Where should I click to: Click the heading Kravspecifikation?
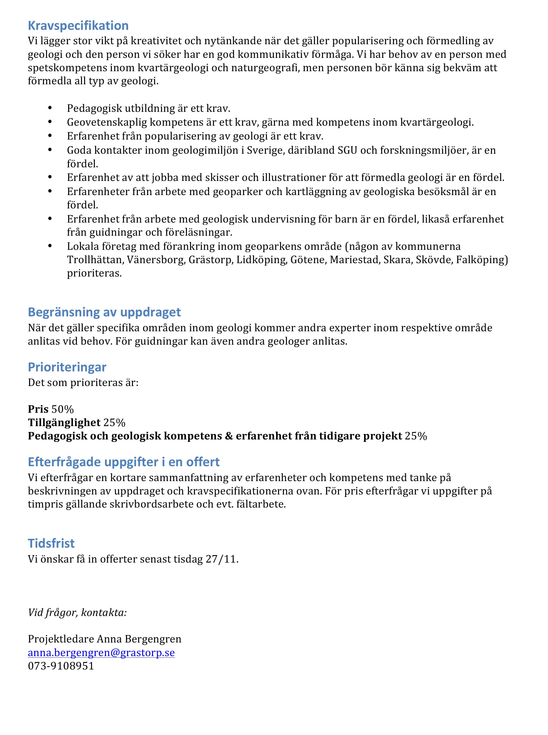pos(78,25)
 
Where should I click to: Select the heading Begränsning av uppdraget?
pos(104,312)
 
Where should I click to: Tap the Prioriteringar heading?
pos(67,367)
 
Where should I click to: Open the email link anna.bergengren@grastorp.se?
pos(101,653)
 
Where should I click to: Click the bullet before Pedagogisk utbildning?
pos(50,108)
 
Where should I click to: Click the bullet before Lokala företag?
pos(50,246)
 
